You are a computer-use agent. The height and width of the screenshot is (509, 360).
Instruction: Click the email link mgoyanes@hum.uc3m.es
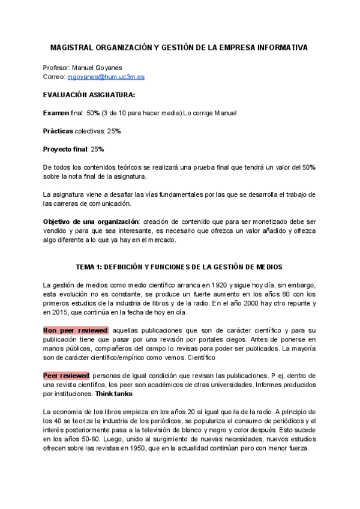(106, 77)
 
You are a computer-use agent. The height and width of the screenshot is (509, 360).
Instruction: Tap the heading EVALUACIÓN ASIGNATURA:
(89, 95)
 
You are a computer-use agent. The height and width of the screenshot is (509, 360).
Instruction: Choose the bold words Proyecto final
(65, 149)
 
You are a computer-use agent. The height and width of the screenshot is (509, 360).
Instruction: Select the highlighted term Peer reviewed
(65, 375)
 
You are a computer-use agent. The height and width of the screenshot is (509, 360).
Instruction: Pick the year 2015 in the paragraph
(61, 313)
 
